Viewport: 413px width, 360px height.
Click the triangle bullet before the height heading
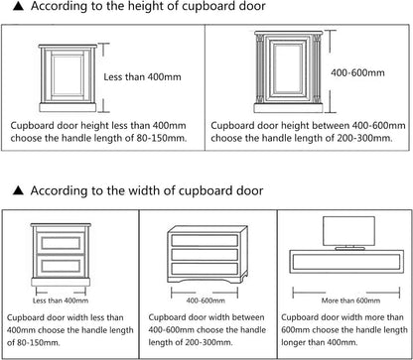[x=18, y=6]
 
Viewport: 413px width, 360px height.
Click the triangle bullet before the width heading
[x=18, y=190]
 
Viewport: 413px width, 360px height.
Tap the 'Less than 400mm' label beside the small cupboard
[x=142, y=77]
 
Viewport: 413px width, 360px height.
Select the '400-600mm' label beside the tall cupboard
[x=357, y=72]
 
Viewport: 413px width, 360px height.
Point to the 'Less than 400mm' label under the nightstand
[x=61, y=300]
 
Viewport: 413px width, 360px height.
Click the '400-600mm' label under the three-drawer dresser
[x=206, y=300]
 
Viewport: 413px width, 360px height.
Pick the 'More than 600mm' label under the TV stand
[x=350, y=300]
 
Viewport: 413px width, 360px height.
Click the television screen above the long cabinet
[x=348, y=231]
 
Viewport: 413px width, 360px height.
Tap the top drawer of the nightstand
[x=61, y=243]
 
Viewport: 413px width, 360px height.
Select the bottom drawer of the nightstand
[x=61, y=266]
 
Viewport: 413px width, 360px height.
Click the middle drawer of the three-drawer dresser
[x=205, y=254]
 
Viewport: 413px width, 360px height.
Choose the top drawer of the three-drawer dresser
[x=205, y=240]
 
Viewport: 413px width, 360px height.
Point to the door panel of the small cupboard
[x=68, y=75]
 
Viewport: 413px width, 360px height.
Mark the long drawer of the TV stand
[x=346, y=262]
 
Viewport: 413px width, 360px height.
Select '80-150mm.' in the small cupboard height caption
[x=162, y=138]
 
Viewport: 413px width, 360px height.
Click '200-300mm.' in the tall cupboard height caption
[x=364, y=138]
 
